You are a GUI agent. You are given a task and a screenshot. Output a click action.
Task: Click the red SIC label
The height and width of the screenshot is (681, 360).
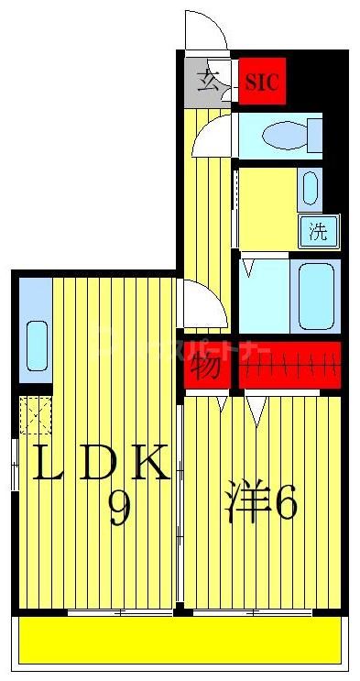tap(263, 82)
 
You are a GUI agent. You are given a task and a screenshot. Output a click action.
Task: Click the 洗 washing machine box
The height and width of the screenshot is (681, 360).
tap(318, 231)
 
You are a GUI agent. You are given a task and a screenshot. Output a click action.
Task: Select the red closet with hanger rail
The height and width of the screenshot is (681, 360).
tap(289, 366)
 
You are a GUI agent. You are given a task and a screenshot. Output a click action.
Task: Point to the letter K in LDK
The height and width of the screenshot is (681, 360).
tap(149, 464)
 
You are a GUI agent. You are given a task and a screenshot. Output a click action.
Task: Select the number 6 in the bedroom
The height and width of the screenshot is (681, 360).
tap(285, 502)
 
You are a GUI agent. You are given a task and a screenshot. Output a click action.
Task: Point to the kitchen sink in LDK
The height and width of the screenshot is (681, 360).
tap(37, 344)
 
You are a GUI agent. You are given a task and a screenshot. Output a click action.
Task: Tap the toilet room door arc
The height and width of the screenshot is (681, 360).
tap(213, 137)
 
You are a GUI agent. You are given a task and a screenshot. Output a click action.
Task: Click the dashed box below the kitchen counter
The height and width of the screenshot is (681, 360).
tap(36, 417)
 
